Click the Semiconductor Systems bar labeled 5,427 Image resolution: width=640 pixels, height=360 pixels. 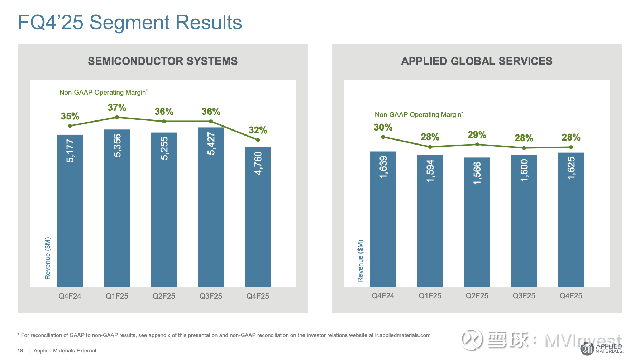211,207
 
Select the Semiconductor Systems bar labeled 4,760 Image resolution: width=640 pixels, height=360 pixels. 258,217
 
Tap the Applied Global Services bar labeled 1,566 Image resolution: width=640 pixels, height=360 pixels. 477,222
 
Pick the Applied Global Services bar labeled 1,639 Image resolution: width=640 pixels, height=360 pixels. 383,219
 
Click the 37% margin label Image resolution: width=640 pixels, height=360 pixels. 117,108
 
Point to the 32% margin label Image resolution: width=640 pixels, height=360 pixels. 258,130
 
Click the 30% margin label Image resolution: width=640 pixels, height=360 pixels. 383,127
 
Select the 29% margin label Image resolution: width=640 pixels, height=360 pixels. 477,135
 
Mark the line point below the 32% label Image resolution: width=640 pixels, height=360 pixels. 258,140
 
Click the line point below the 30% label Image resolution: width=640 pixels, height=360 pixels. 383,137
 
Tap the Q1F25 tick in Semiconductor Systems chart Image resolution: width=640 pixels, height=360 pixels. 117,296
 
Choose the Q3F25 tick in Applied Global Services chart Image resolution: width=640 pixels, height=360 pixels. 524,296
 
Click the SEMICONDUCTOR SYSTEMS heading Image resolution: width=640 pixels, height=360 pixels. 163,61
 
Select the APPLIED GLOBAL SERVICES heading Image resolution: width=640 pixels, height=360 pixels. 477,61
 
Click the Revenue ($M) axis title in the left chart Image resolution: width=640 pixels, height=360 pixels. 48,258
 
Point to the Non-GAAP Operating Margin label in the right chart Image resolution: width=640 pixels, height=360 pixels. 419,115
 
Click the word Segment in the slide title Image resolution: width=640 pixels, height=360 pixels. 130,22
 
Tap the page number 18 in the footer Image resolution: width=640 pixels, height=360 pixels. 20,351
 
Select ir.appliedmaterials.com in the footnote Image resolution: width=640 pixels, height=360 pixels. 402,335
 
